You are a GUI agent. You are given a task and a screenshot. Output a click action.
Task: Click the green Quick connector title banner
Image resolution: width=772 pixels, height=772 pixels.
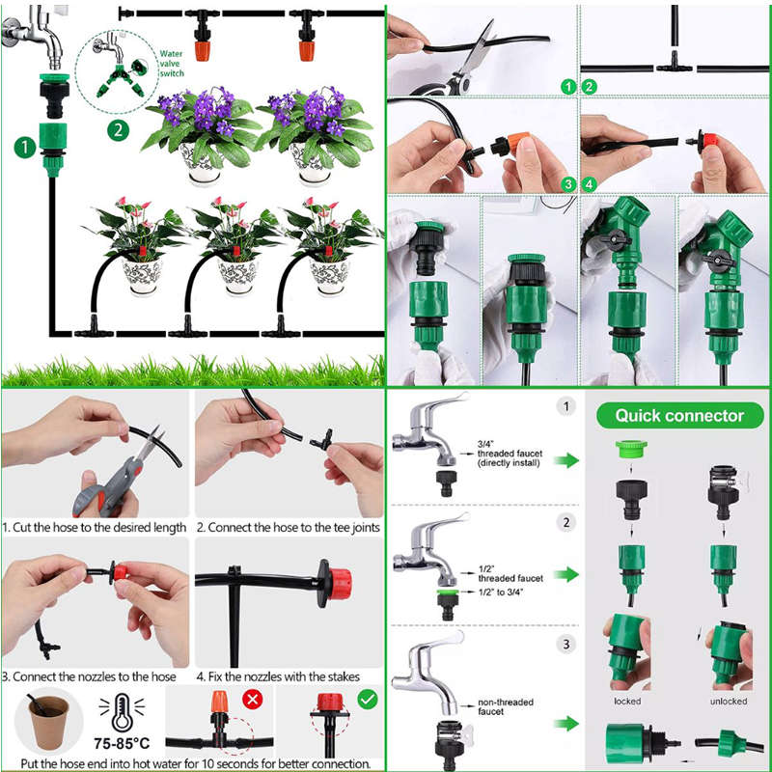click(679, 416)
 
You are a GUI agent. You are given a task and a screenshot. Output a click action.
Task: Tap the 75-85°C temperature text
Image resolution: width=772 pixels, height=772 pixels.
click(122, 746)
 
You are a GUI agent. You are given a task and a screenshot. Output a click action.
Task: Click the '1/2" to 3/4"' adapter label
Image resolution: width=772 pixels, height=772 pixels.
click(505, 591)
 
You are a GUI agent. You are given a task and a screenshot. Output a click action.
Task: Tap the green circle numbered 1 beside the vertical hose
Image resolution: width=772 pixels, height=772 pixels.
click(24, 147)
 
